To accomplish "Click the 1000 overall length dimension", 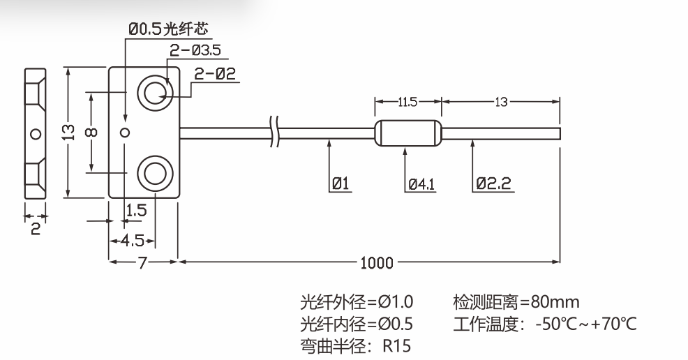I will [x=377, y=263].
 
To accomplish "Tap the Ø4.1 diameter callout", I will [x=421, y=184].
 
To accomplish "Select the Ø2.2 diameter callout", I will [x=494, y=184].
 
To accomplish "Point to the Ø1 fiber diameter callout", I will [x=341, y=184].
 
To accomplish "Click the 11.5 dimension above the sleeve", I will [x=407, y=102].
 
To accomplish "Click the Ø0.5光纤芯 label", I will [x=167, y=29].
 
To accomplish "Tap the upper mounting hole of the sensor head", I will [x=155, y=92].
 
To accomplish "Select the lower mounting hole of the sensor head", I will [x=155, y=172].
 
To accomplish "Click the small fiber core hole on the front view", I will [x=125, y=132].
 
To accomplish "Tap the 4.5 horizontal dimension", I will [x=132, y=241].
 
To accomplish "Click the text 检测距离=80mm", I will [x=516, y=302].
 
